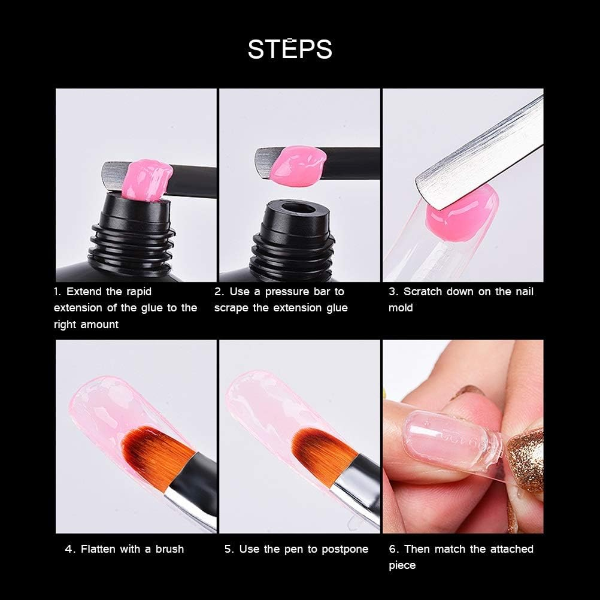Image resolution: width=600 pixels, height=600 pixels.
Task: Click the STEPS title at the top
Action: [x=290, y=49]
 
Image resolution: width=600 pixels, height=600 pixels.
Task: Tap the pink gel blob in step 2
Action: [x=298, y=164]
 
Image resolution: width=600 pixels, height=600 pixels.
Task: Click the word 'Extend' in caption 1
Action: [x=84, y=292]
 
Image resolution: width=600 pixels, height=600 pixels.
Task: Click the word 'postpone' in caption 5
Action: [x=343, y=549]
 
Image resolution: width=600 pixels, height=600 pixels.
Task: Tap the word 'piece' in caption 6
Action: [x=402, y=565]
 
